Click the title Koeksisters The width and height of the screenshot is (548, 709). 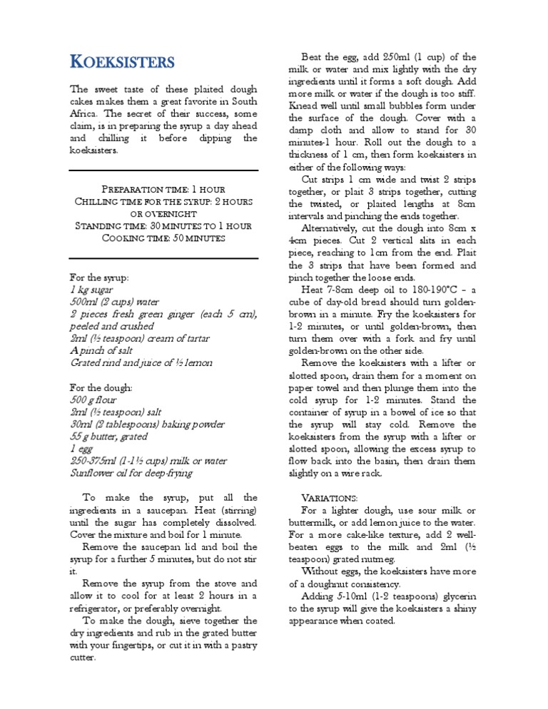[x=121, y=61]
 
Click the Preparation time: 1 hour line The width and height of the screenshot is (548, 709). [x=163, y=189]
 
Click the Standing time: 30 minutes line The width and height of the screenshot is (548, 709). [x=163, y=225]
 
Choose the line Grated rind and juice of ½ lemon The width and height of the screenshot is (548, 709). [x=141, y=362]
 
